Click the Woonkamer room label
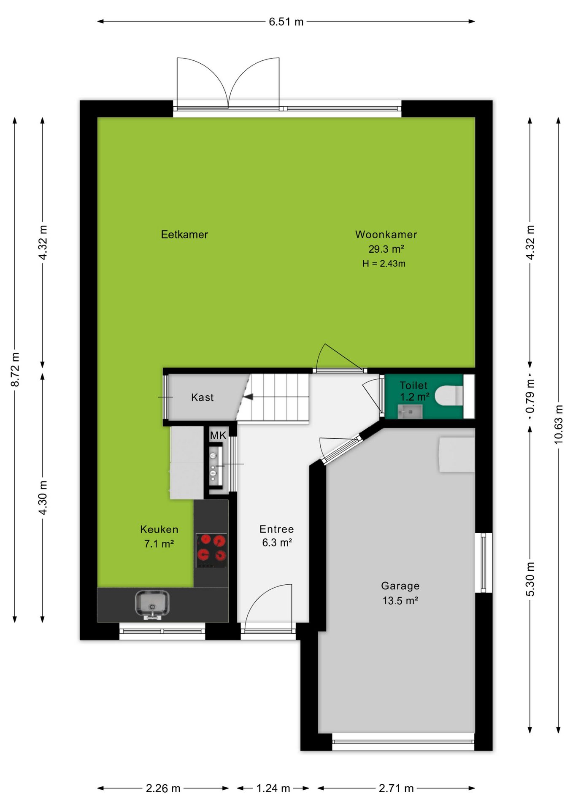(x=386, y=235)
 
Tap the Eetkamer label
(x=184, y=235)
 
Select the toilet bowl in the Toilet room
(x=449, y=396)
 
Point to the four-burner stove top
(x=211, y=551)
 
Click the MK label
(x=218, y=435)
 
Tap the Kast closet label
(x=203, y=397)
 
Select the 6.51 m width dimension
(x=286, y=22)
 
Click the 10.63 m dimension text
(x=558, y=424)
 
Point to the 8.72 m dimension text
(x=15, y=370)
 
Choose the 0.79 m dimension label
(x=530, y=396)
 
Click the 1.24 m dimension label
(x=273, y=788)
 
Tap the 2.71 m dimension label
(x=396, y=788)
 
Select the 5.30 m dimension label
(x=530, y=579)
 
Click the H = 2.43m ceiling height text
(x=384, y=264)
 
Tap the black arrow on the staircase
(x=248, y=397)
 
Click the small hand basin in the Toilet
(x=410, y=411)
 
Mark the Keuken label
(x=159, y=529)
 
